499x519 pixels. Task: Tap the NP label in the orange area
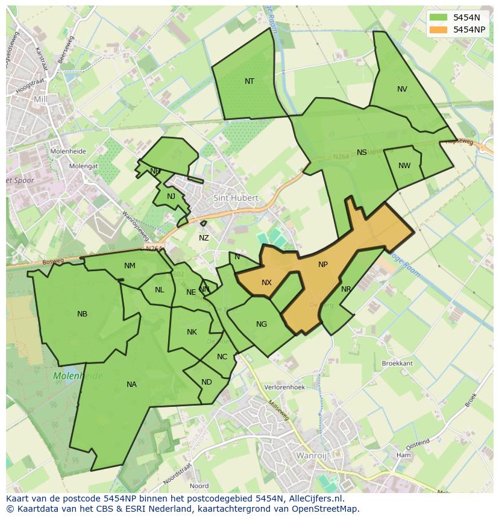(323, 265)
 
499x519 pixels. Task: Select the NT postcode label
(249, 81)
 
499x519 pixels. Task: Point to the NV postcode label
(402, 89)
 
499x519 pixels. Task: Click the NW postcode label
(404, 166)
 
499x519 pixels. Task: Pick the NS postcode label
(362, 153)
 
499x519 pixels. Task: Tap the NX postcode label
(266, 283)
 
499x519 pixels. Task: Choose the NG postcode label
(261, 324)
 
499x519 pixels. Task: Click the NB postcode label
(82, 314)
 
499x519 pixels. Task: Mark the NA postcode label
(131, 385)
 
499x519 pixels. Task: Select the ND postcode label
(207, 382)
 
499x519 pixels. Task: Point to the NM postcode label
(130, 266)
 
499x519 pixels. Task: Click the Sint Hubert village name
(236, 198)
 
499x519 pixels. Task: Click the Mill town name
(40, 99)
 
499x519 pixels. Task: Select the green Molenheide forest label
(78, 376)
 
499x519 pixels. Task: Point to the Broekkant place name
(397, 363)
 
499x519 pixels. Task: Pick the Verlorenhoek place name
(285, 388)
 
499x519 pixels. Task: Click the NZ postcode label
(204, 238)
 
